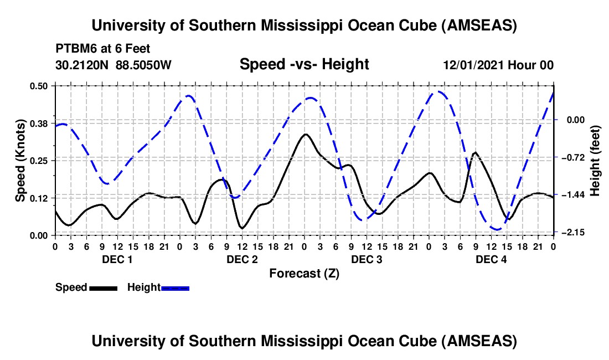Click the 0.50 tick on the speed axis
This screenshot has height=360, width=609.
(40, 85)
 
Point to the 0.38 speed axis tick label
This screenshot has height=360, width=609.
(40, 123)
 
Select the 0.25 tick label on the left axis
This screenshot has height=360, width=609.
(40, 161)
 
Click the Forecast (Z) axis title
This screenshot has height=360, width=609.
(304, 273)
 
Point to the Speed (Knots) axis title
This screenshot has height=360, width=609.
(20, 161)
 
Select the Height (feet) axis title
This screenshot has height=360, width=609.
(595, 160)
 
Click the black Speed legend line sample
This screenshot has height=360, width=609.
(103, 287)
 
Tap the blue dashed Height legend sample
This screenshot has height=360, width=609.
(176, 287)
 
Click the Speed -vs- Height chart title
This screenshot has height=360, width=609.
(304, 64)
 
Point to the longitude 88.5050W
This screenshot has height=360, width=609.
(144, 65)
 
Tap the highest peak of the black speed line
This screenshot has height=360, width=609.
(305, 134)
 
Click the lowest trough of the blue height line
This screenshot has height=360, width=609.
(497, 229)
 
